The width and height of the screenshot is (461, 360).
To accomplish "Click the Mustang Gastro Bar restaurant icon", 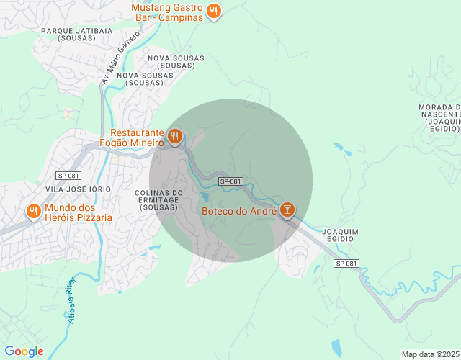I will point(214,11).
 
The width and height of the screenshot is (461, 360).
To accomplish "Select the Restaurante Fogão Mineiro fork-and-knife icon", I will point(174,136).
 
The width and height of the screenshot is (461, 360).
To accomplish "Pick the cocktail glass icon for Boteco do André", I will point(287,210).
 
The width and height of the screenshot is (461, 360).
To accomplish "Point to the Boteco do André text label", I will point(239,211).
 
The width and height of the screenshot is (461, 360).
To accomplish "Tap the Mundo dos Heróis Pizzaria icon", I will point(33,211).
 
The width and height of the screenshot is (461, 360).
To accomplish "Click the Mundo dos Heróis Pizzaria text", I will point(78,212).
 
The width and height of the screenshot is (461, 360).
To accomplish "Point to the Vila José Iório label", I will point(78,189).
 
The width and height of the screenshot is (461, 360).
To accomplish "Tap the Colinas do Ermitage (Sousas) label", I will point(158,199).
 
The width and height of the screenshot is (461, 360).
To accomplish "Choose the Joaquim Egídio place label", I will point(341,235).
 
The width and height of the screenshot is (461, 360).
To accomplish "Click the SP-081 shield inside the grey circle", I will point(230,181).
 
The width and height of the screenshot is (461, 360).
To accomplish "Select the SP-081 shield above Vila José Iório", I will point(68,176).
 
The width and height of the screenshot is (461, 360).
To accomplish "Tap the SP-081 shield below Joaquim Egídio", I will point(346,264).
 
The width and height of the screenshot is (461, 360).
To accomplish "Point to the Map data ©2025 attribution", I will point(429,354).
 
